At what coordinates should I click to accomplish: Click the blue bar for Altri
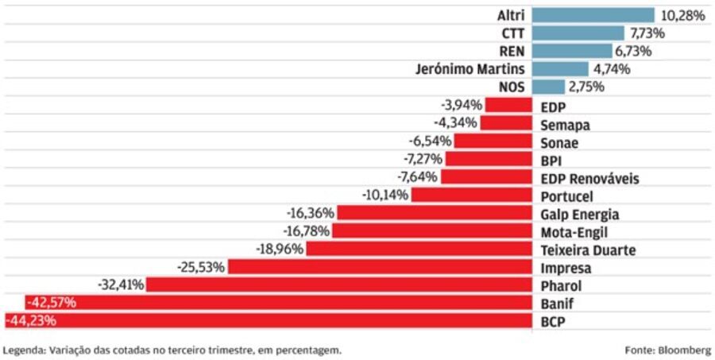tap(592, 15)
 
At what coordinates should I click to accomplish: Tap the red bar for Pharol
tap(338, 285)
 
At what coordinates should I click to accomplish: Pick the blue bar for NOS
tap(547, 87)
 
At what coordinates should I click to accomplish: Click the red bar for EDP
tap(508, 105)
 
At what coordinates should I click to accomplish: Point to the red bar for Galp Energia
tap(434, 213)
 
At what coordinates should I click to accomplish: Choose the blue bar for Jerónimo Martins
tap(559, 69)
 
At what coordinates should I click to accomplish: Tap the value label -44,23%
tap(30, 321)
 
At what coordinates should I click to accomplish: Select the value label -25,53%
tap(203, 267)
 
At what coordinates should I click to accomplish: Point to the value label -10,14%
tap(386, 195)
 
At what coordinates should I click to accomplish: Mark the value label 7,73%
tap(647, 33)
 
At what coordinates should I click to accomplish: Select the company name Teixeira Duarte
tap(588, 250)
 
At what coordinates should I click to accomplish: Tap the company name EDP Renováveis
tap(589, 178)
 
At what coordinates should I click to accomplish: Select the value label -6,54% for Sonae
tap(430, 141)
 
